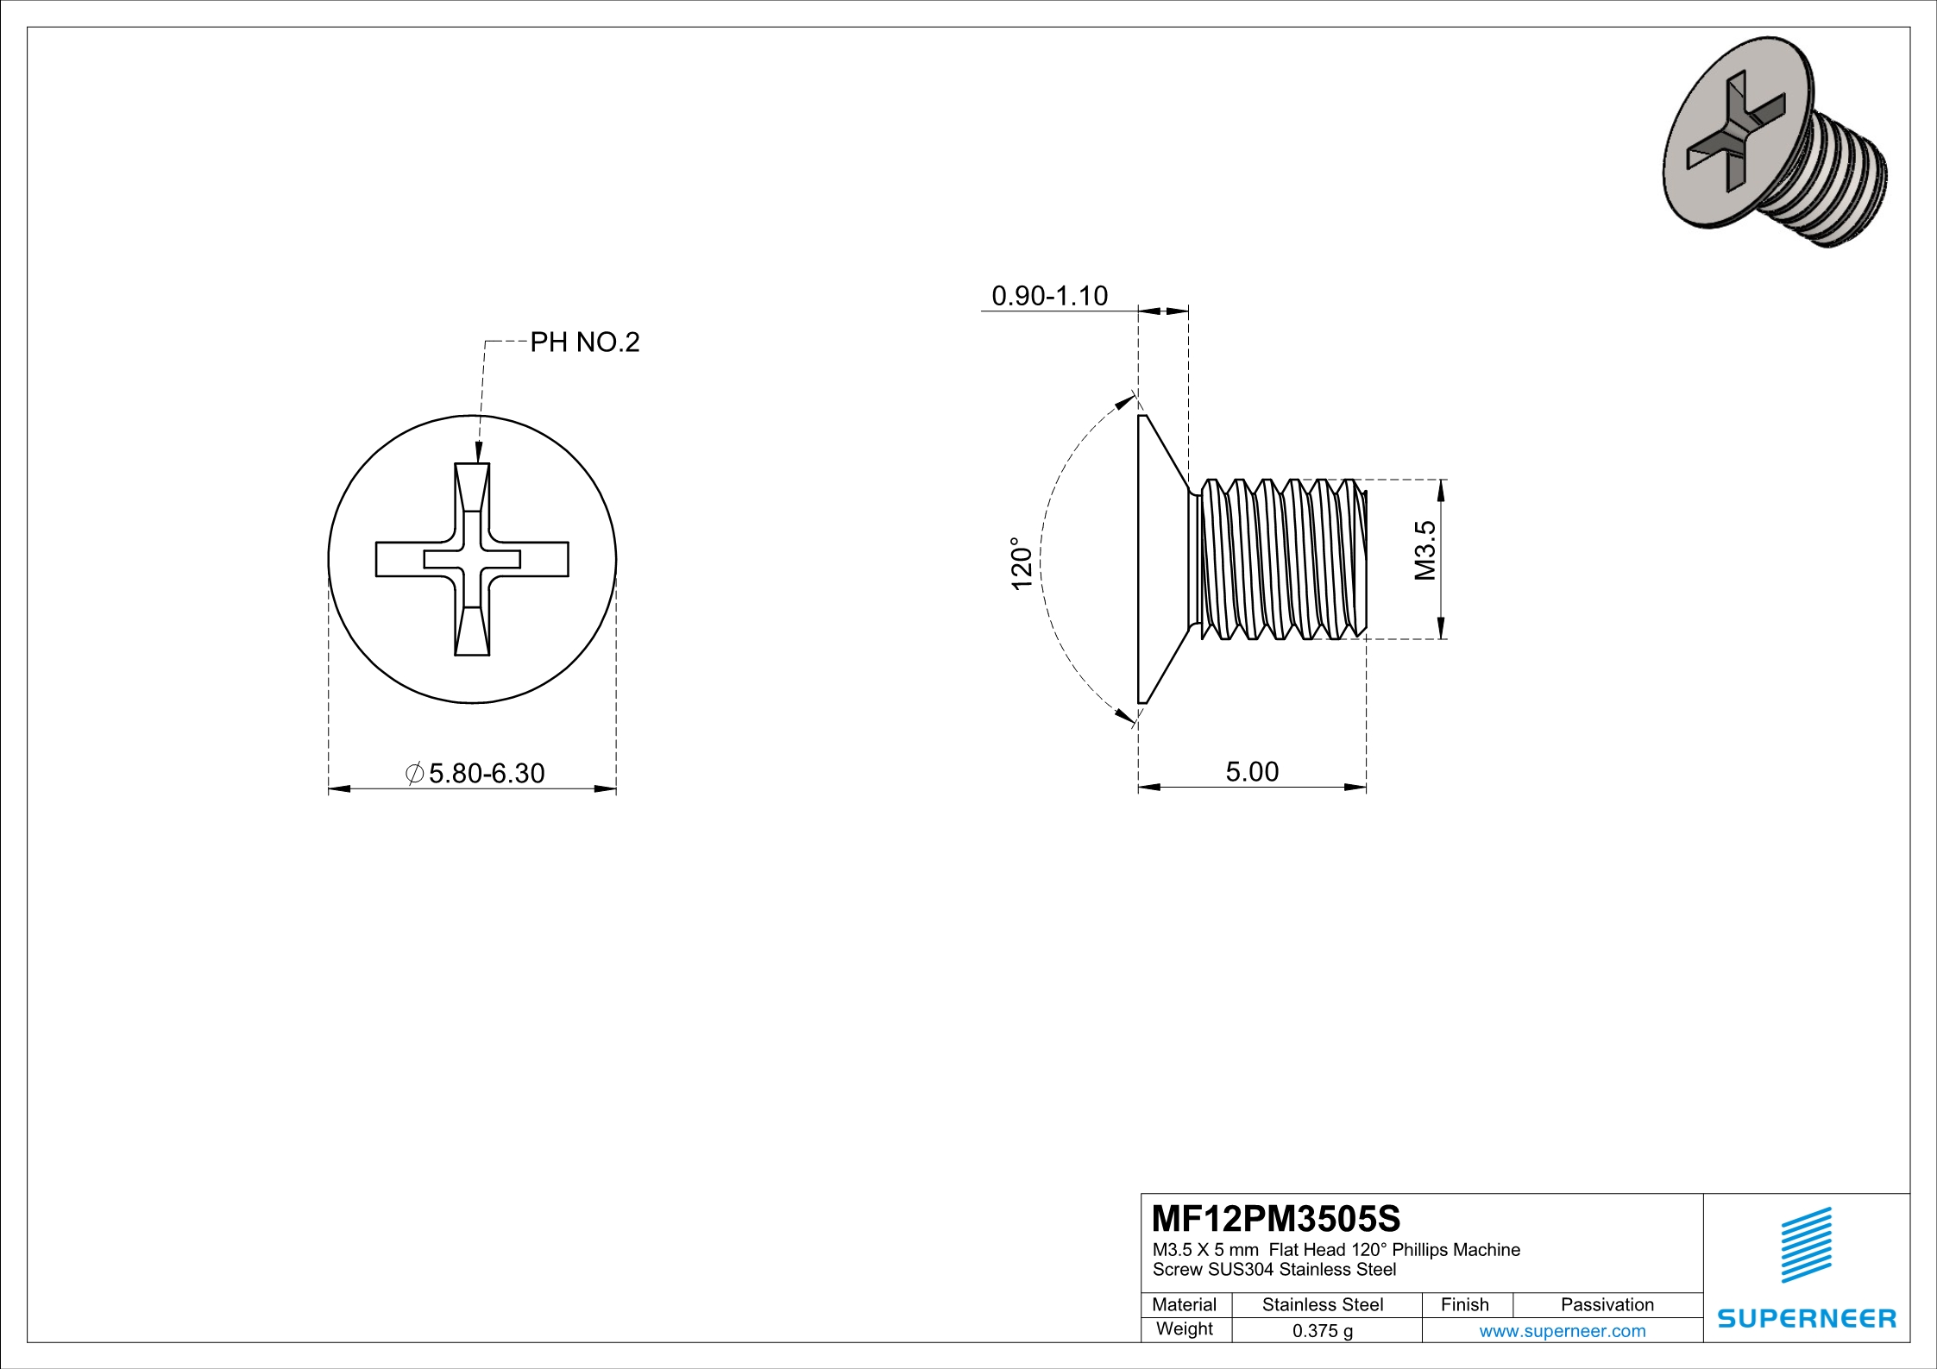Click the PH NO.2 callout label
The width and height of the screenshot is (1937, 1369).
tap(584, 342)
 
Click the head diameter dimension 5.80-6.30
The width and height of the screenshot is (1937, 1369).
tap(486, 773)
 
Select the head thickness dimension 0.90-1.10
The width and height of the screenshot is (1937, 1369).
tap(1049, 296)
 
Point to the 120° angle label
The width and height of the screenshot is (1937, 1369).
tap(1022, 564)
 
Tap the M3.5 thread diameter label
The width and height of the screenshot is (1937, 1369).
tap(1425, 550)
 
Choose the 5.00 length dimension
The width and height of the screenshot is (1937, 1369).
tap(1252, 771)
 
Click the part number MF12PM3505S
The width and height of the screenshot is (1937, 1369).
tap(1275, 1219)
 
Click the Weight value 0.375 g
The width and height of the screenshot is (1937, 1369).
tap(1322, 1331)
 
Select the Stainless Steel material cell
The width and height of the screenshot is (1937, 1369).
tap(1322, 1304)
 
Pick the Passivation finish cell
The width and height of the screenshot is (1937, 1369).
tap(1607, 1304)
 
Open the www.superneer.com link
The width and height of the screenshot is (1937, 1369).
tap(1562, 1331)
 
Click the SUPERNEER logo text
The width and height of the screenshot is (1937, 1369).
tap(1806, 1319)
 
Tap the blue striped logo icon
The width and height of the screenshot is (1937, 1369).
tap(1806, 1245)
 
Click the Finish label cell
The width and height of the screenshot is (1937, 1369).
tap(1464, 1304)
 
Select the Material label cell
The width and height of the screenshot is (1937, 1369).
tap(1184, 1304)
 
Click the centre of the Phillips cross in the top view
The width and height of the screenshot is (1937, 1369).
tap(472, 559)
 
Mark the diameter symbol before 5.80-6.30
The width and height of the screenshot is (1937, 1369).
tap(414, 773)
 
